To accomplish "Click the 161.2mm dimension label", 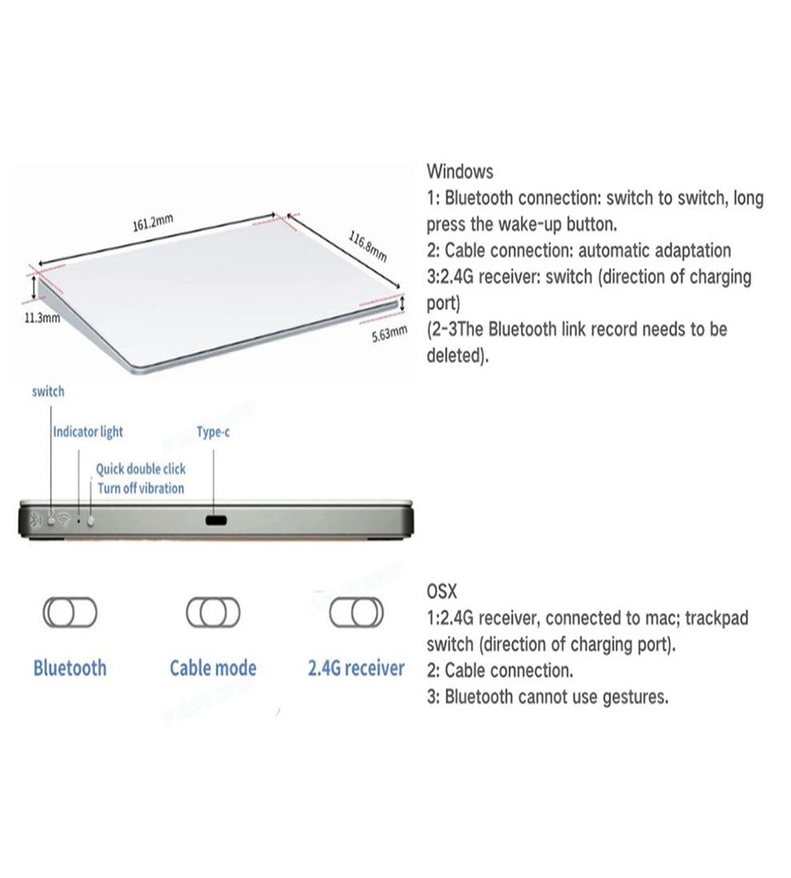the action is pos(153,223).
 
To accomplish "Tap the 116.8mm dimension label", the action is pos(368,247).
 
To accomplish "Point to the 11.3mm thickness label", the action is pos(42,318).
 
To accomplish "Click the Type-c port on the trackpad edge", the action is pos(216,520).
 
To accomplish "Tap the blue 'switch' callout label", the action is pos(48,391).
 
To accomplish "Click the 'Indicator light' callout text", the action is pos(88,432).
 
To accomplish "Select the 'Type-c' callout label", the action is pos(213,432).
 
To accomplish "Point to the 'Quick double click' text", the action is pos(141,469).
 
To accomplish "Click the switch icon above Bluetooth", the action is pos(70,612).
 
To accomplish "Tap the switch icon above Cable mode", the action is pos(213,612).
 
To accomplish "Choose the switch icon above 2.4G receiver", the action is pos(356,612).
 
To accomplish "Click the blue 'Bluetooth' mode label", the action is pos(70,668).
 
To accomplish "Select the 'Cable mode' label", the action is pos(213,668).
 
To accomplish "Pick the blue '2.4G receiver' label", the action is pos(356,668).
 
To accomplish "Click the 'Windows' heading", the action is pos(460,172).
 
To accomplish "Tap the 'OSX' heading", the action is pos(442,591).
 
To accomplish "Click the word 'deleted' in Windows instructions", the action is pos(455,355).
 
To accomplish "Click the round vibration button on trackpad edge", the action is pos(91,520).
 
